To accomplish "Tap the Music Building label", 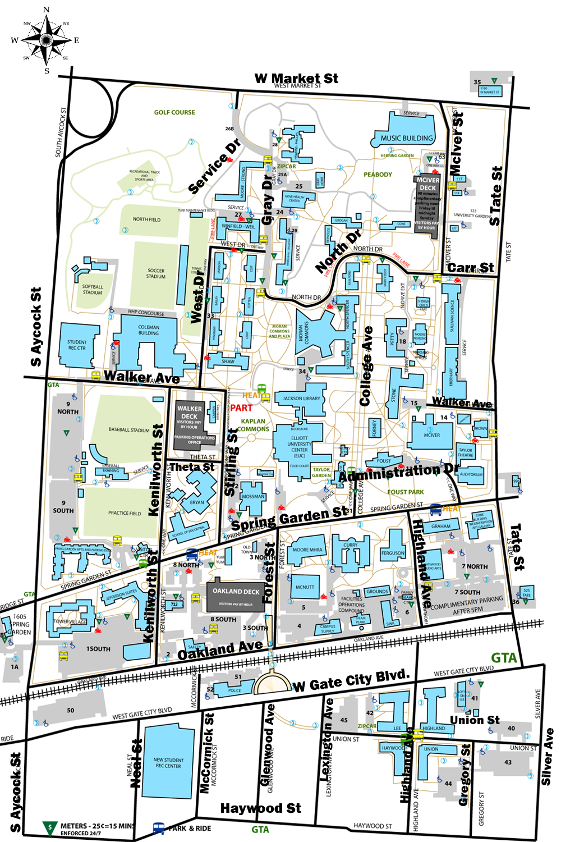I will point(407,138).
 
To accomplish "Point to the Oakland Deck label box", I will point(236,596).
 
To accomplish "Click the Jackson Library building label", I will point(301,399).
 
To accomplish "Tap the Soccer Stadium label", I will point(156,273).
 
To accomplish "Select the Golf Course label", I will point(174,112).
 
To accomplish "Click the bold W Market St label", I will point(296,78).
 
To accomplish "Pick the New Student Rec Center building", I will point(168,762).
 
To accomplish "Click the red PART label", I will point(241,408).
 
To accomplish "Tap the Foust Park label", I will point(406,492).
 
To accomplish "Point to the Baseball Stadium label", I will point(129,430).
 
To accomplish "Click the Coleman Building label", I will point(149,330).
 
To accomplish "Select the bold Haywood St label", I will point(260,808).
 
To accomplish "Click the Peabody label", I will point(378,175).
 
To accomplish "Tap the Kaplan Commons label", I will point(254,425).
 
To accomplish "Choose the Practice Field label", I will point(125,513).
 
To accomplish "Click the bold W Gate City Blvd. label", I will point(352,681).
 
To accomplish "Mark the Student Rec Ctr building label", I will point(77,345).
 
